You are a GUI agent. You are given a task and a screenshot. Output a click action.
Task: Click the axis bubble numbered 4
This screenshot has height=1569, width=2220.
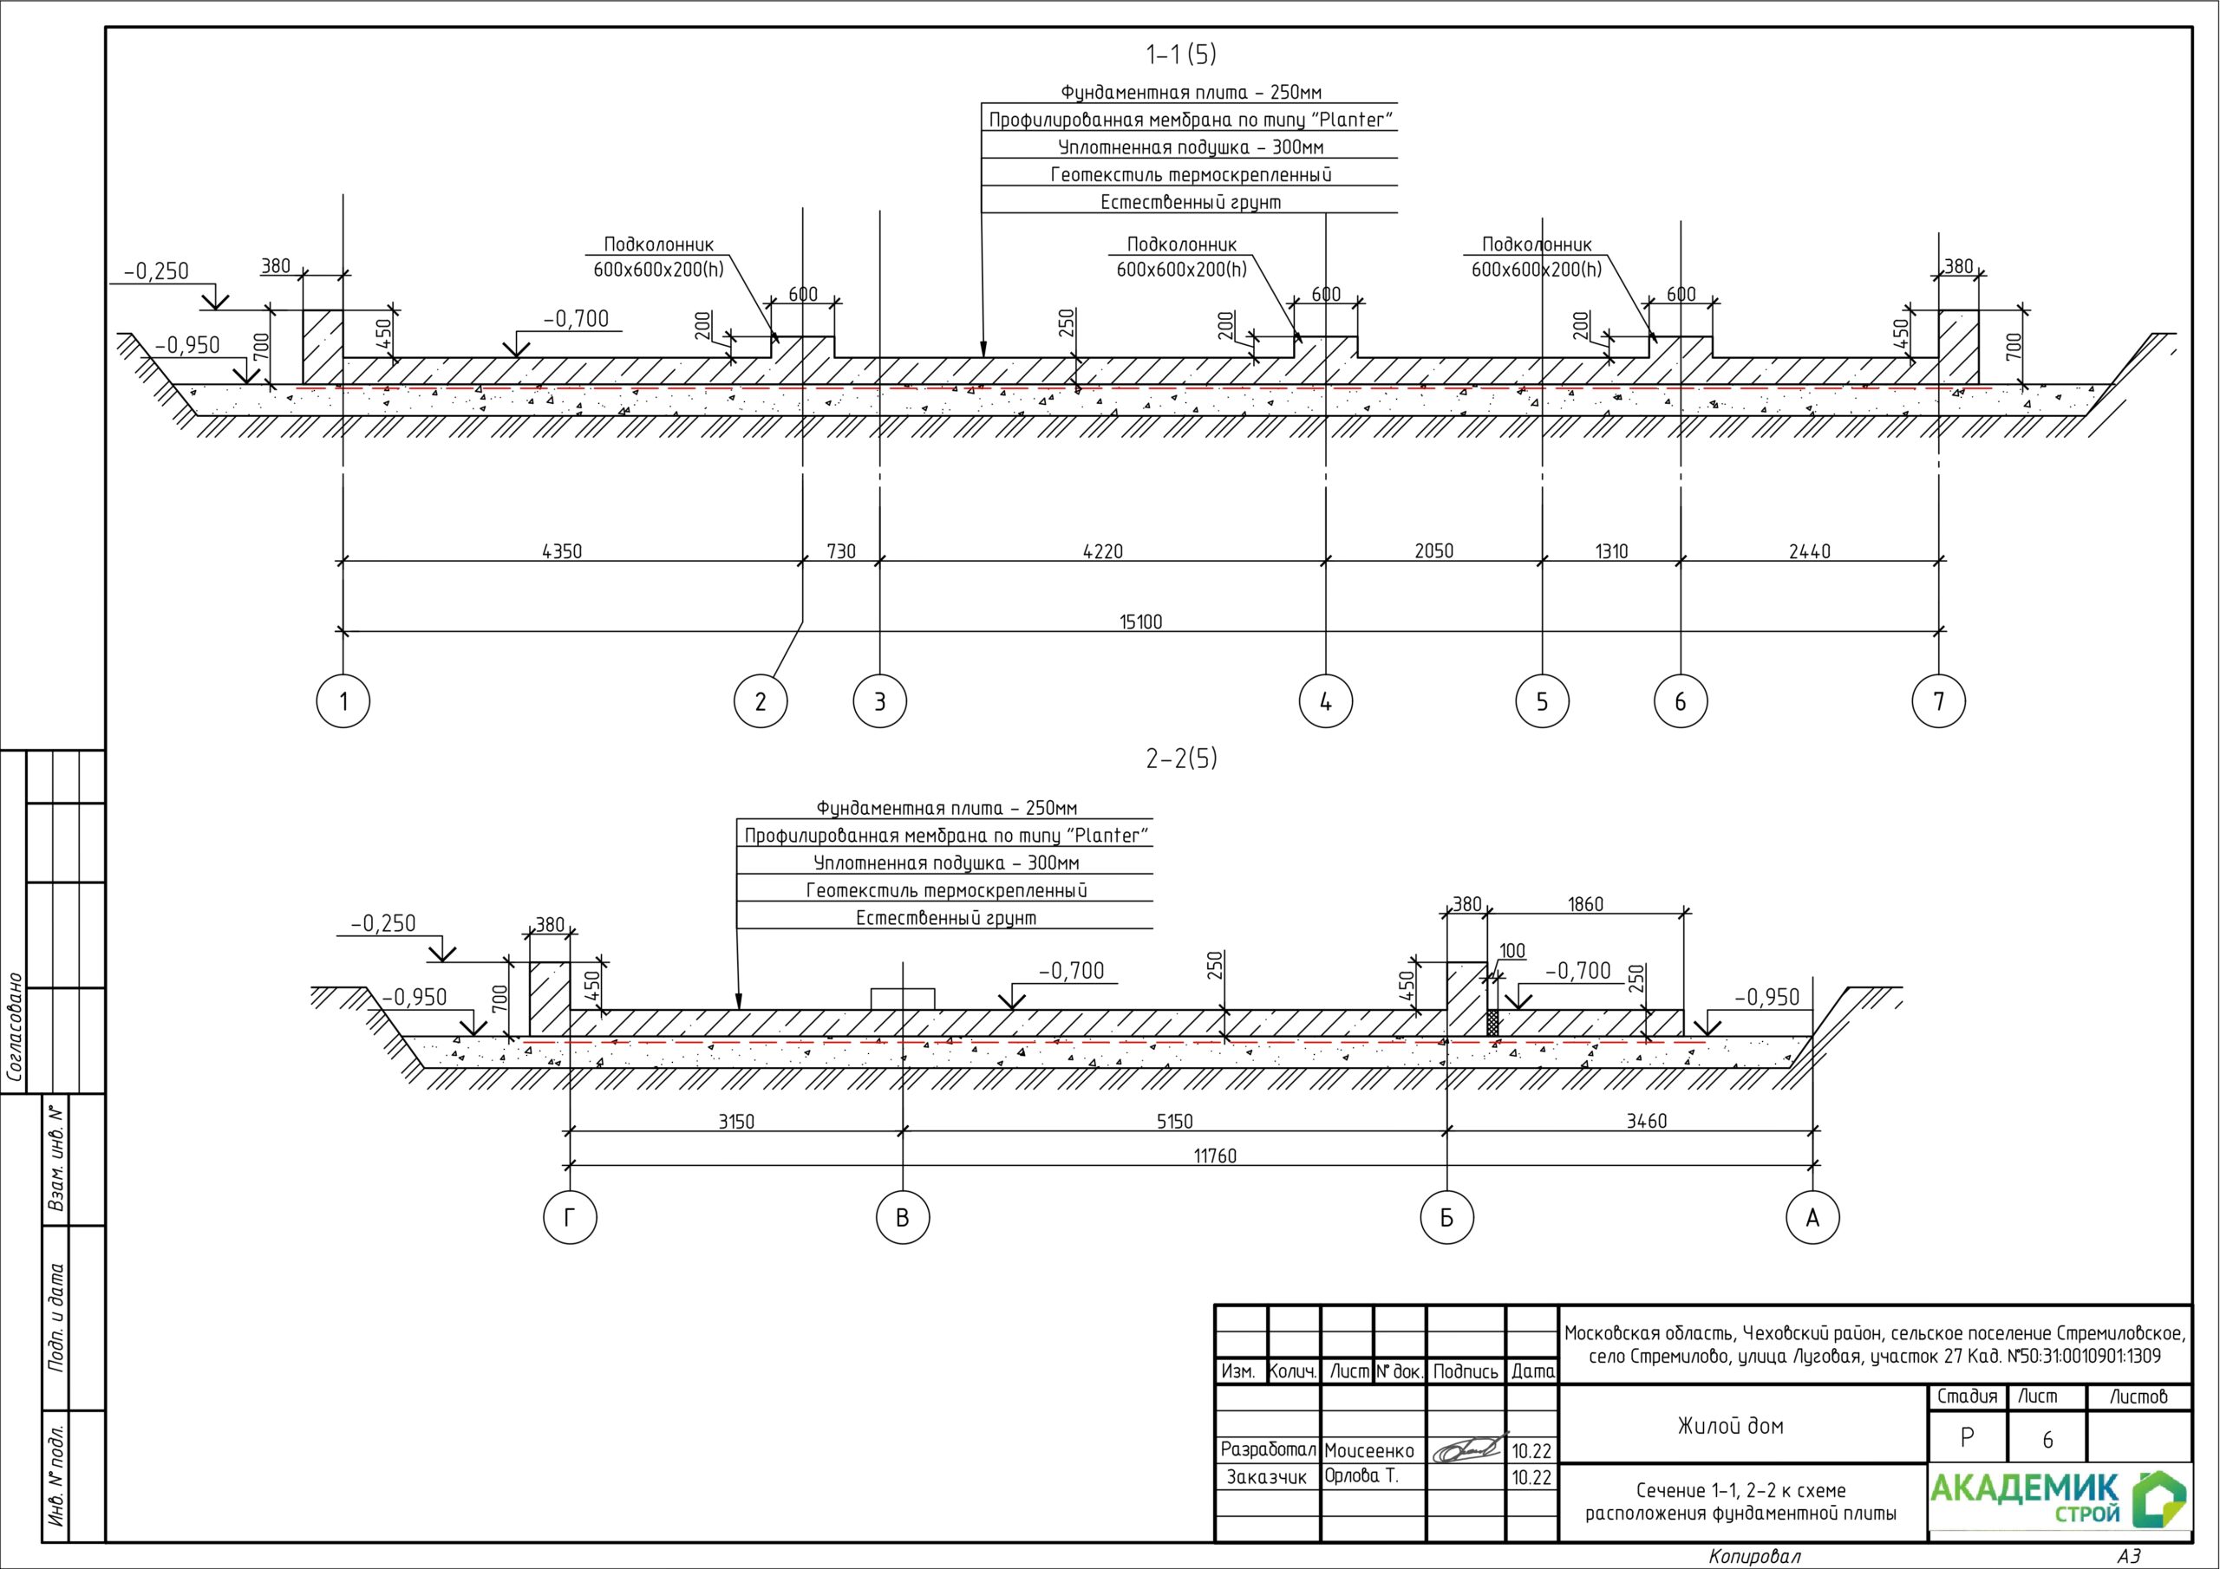coord(1325,701)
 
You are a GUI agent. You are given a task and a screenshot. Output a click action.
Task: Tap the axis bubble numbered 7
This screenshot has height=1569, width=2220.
coord(1939,701)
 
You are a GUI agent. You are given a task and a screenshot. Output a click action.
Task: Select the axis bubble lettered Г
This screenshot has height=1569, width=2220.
coord(570,1218)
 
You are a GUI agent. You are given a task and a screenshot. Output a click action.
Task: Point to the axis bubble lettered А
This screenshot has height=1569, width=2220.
coord(1812,1218)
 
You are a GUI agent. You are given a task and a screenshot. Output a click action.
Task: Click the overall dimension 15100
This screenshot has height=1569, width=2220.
coord(1141,622)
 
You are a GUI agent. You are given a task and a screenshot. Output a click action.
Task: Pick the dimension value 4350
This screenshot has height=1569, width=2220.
coord(562,551)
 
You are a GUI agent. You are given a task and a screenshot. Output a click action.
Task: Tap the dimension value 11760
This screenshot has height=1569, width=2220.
coord(1214,1156)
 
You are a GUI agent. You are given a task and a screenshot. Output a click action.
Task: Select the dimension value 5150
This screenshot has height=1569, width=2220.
coord(1175,1122)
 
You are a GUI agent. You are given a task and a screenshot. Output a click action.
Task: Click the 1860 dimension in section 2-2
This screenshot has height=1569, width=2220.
coord(1584,904)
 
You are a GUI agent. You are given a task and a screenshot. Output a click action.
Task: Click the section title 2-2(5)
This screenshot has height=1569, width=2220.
coord(1180,758)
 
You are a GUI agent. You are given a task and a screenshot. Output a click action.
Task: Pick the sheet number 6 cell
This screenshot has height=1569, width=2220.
coord(2047,1441)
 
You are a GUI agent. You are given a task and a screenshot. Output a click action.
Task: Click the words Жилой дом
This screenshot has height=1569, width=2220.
coord(1731,1425)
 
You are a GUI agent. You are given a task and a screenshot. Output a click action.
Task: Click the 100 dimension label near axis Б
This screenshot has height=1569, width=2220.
coord(1512,951)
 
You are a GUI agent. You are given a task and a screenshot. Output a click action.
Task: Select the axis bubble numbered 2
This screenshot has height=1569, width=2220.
coord(760,701)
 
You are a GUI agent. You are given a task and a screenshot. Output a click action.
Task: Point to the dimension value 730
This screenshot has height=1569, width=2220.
coord(841,551)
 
